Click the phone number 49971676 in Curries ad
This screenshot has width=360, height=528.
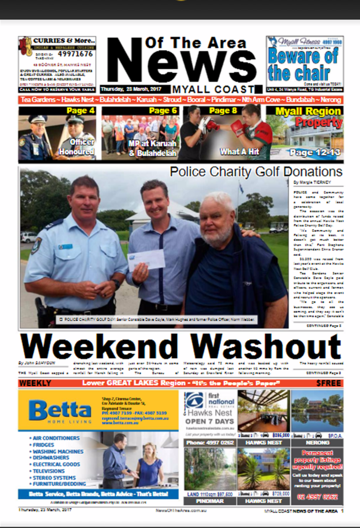pyautogui.click(x=75, y=54)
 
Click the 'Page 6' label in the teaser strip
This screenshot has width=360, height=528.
pyautogui.click(x=163, y=110)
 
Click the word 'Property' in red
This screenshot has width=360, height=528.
pyautogui.click(x=319, y=123)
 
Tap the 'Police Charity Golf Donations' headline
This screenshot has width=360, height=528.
pyautogui.click(x=256, y=171)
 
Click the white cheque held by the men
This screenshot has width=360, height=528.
pyautogui.click(x=146, y=259)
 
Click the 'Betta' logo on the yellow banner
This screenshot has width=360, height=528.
pyautogui.click(x=59, y=410)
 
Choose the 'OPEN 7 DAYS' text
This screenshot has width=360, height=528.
pyautogui.click(x=209, y=421)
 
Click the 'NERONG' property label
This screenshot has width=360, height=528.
pyautogui.click(x=317, y=442)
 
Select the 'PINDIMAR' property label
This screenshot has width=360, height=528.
pyautogui.click(x=209, y=501)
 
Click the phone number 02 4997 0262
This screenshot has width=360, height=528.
pyautogui.click(x=317, y=497)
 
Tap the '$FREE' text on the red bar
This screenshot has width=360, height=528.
pyautogui.click(x=329, y=383)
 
